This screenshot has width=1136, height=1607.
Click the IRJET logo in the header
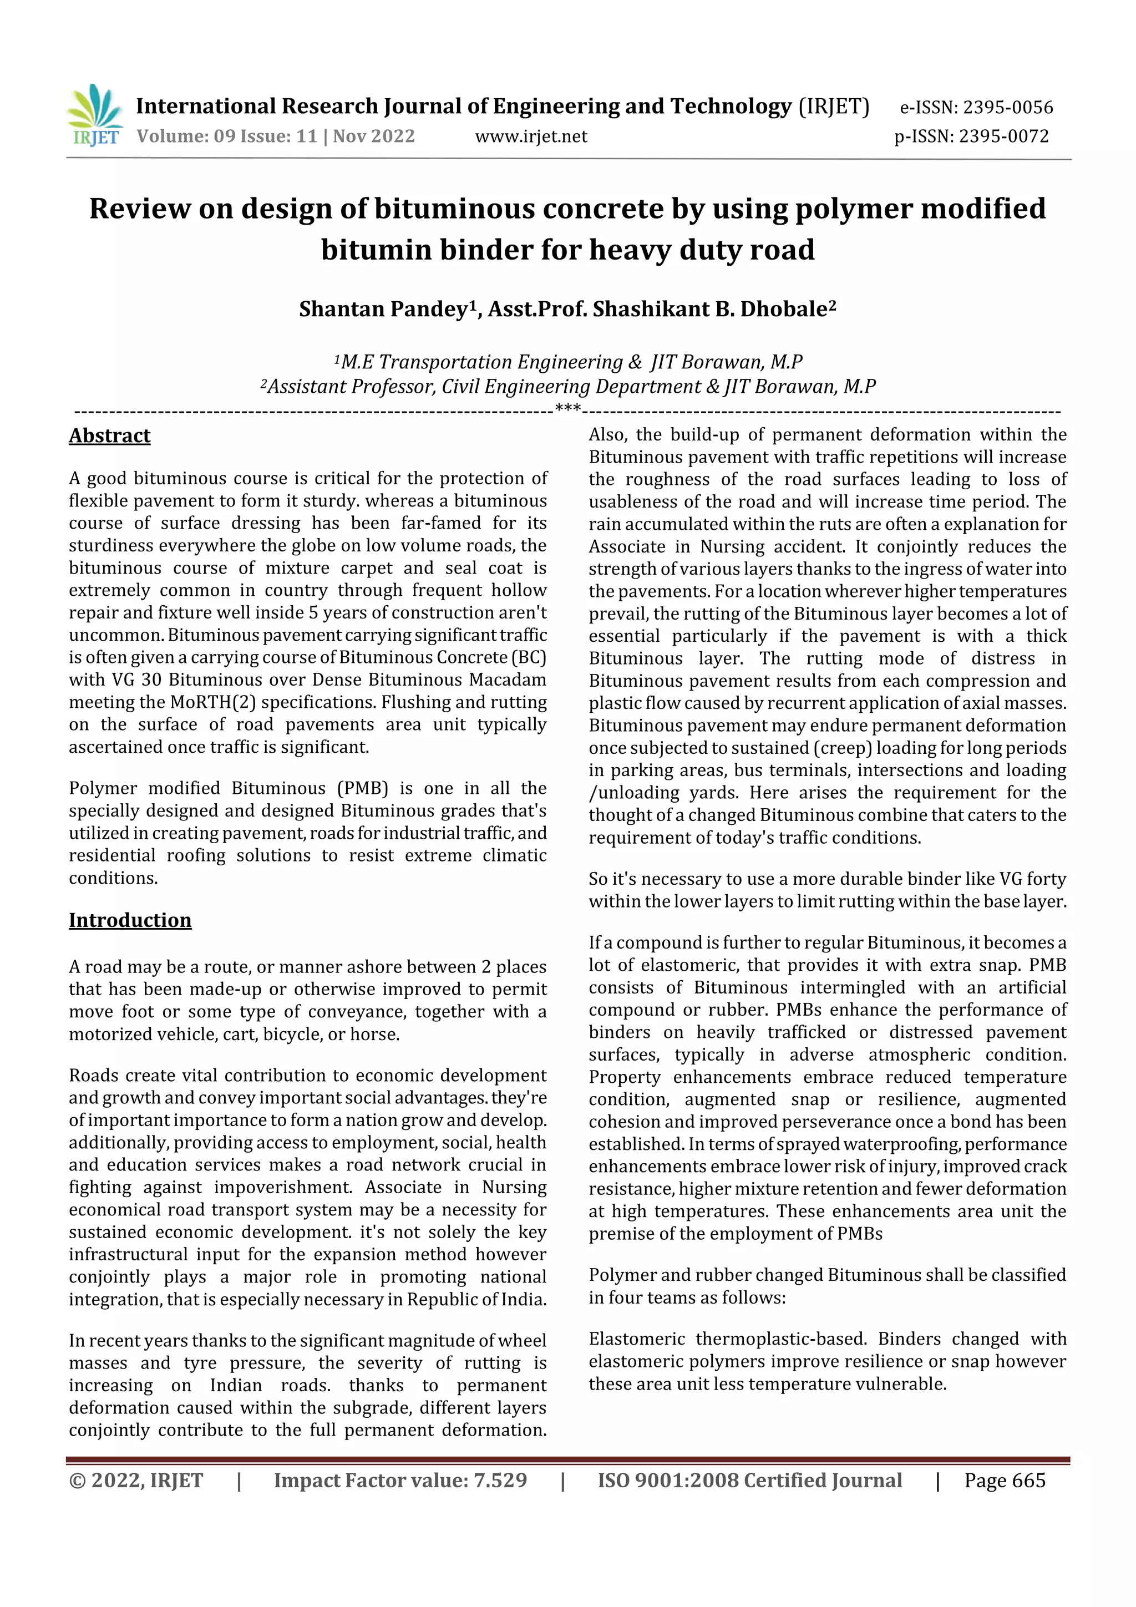tap(94, 116)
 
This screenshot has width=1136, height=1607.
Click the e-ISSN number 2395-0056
tap(1007, 108)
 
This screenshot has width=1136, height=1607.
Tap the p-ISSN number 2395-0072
tap(1003, 136)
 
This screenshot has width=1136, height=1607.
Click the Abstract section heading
tap(110, 435)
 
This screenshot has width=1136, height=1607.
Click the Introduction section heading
tap(130, 920)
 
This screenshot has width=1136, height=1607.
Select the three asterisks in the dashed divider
tap(567, 409)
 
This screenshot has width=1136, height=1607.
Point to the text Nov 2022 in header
tap(374, 136)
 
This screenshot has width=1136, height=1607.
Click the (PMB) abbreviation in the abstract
tap(363, 788)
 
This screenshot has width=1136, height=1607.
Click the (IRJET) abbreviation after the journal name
tap(834, 107)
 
